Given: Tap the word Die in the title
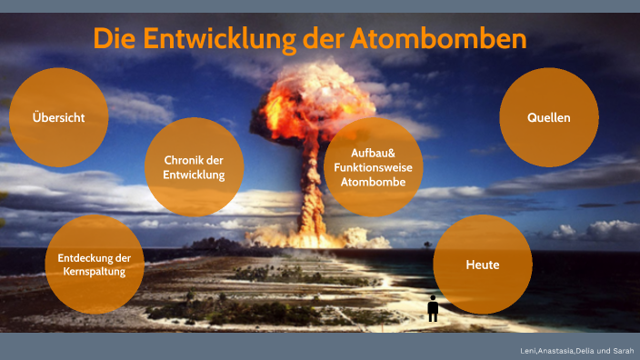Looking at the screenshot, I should coord(115,40).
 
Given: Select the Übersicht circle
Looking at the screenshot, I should coord(59,117).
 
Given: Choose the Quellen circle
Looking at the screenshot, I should coord(549,117).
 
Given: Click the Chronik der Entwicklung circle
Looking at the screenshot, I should coord(193,166).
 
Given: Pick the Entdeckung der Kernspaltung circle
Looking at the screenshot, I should coord(95,264).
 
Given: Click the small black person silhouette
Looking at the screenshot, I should coord(433,308).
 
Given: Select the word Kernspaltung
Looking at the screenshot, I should coord(95,271).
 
